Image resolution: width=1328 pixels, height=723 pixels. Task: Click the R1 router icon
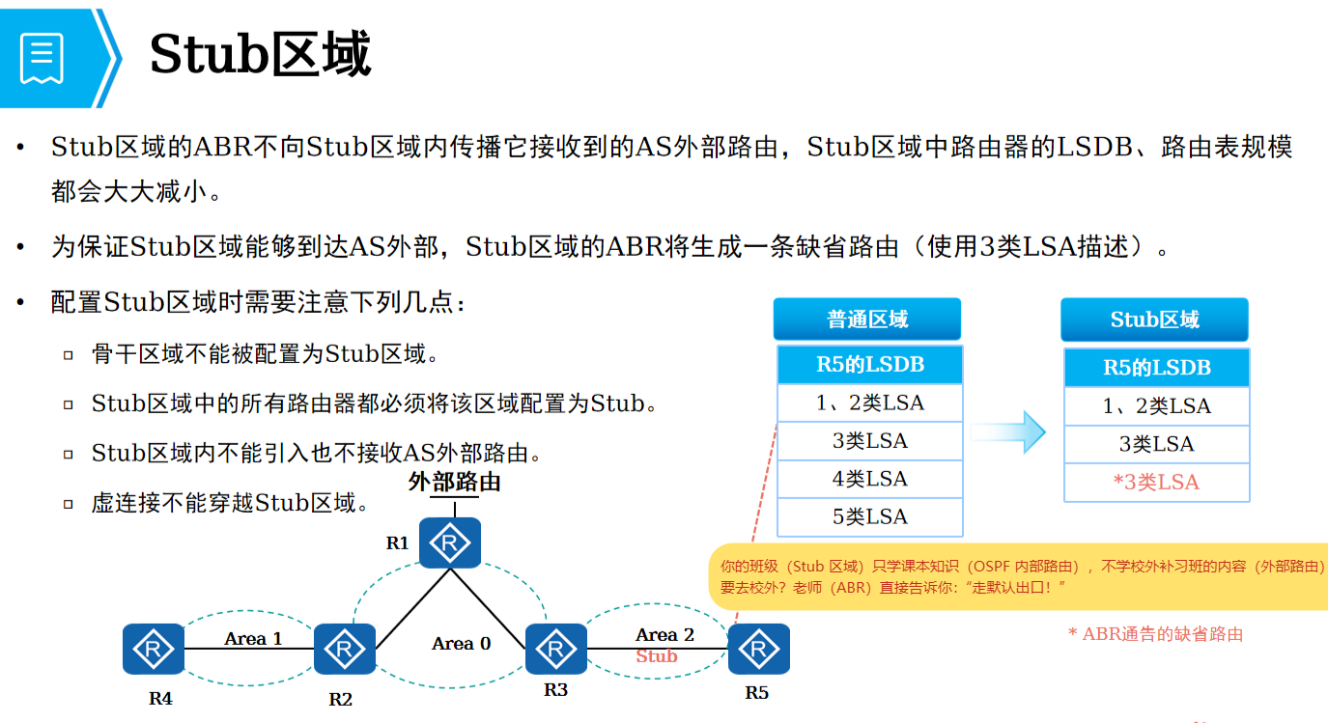[449, 543]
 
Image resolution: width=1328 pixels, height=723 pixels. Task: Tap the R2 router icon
[345, 649]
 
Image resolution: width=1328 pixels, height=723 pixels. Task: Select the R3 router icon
[555, 649]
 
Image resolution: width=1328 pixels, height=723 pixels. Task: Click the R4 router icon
[153, 649]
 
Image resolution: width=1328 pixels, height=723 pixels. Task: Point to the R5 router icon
[758, 649]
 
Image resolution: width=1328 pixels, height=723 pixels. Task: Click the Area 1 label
[253, 638]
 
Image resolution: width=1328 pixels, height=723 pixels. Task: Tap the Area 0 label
[461, 643]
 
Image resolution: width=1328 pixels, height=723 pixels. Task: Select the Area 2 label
[664, 634]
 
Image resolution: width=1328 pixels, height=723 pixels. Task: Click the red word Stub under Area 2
[657, 656]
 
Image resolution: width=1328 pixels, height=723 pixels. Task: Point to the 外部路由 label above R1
[454, 482]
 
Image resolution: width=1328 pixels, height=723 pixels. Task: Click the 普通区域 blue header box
[867, 320]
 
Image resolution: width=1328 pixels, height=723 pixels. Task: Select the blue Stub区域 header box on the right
[1154, 320]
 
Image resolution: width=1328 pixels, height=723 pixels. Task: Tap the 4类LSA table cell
[870, 479]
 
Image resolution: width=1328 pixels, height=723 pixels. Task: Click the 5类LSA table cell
[870, 516]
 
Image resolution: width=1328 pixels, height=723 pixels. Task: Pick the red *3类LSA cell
[1156, 482]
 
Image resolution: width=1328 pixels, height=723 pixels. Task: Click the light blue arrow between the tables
[1009, 431]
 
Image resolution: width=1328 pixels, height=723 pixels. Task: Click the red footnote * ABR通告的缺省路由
[1155, 634]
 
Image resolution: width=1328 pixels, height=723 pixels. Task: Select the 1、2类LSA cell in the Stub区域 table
[1156, 406]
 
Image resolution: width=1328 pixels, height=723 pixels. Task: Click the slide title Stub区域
[260, 55]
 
